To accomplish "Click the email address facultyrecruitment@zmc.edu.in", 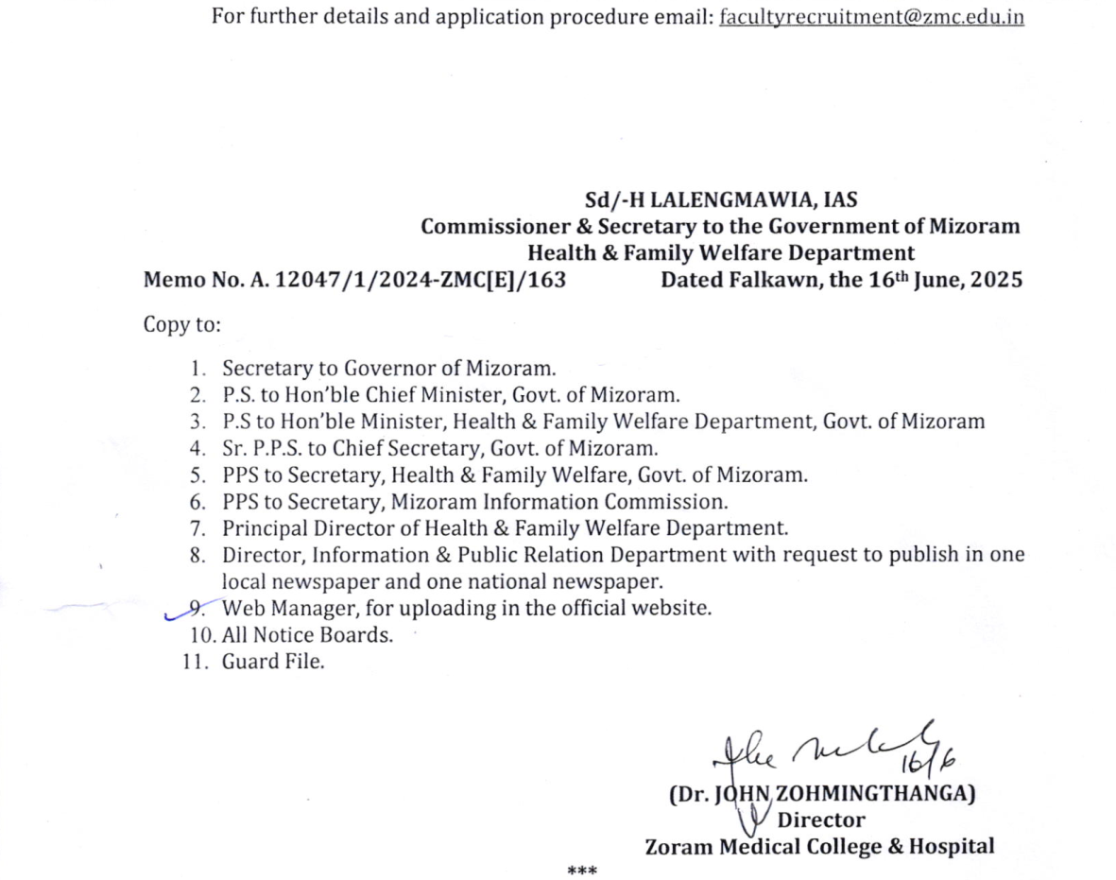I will (x=871, y=17).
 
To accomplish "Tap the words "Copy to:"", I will (x=181, y=325).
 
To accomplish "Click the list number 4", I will (x=197, y=448).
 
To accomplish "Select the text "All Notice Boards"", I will (x=306, y=635).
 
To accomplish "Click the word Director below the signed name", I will (x=820, y=820).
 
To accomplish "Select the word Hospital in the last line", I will (x=951, y=846).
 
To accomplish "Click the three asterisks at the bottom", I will (x=581, y=869).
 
